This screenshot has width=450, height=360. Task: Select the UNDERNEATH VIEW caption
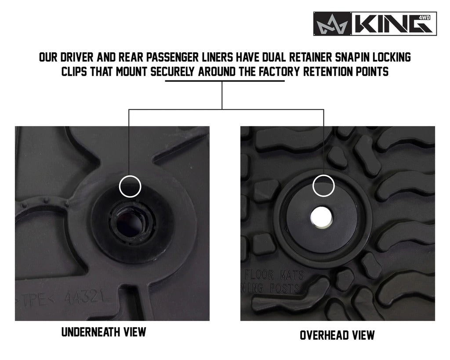104,331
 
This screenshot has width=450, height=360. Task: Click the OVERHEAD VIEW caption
337,335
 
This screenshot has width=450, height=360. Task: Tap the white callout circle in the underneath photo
130,185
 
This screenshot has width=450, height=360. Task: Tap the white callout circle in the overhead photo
323,185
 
